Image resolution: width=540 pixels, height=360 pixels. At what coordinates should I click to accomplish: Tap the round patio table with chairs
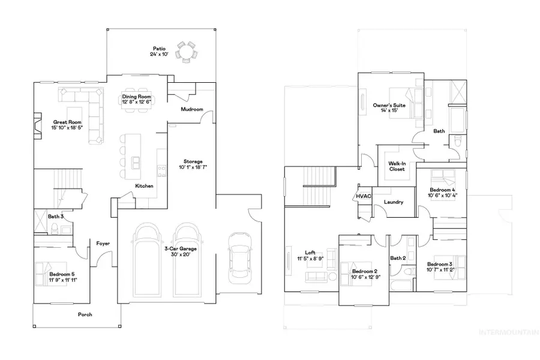coord(187,52)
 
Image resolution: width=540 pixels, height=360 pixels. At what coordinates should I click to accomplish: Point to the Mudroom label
coord(192,110)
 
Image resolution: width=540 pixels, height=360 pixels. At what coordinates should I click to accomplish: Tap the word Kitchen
coord(144,186)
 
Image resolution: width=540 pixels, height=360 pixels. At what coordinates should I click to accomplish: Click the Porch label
coord(85,314)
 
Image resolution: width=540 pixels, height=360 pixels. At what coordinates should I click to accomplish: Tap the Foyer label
coord(103,243)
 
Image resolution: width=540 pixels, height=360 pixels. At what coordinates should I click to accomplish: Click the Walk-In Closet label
coord(397,166)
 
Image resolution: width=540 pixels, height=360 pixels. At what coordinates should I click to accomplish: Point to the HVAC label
coord(363,196)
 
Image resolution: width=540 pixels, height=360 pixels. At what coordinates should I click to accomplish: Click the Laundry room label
coord(393,202)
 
